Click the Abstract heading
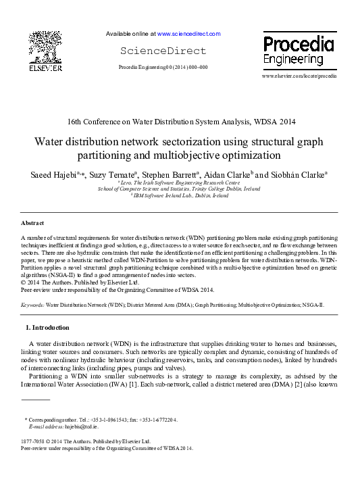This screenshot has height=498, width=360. coord(32,222)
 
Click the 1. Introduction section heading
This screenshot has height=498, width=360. coord(47,328)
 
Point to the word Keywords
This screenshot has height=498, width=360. coord(32,305)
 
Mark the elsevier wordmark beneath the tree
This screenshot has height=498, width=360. coord(45,68)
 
